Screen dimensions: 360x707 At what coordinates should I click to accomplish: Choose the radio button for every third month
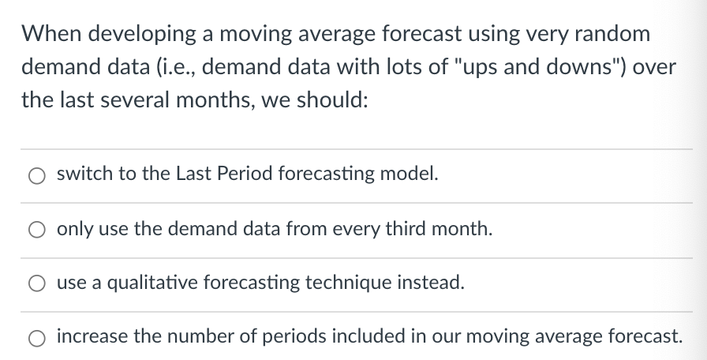click(38, 231)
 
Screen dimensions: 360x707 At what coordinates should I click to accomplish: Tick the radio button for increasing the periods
click(38, 338)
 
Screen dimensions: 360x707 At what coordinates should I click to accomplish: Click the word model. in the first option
click(413, 175)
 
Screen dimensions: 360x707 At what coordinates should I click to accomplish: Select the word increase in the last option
click(89, 336)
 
